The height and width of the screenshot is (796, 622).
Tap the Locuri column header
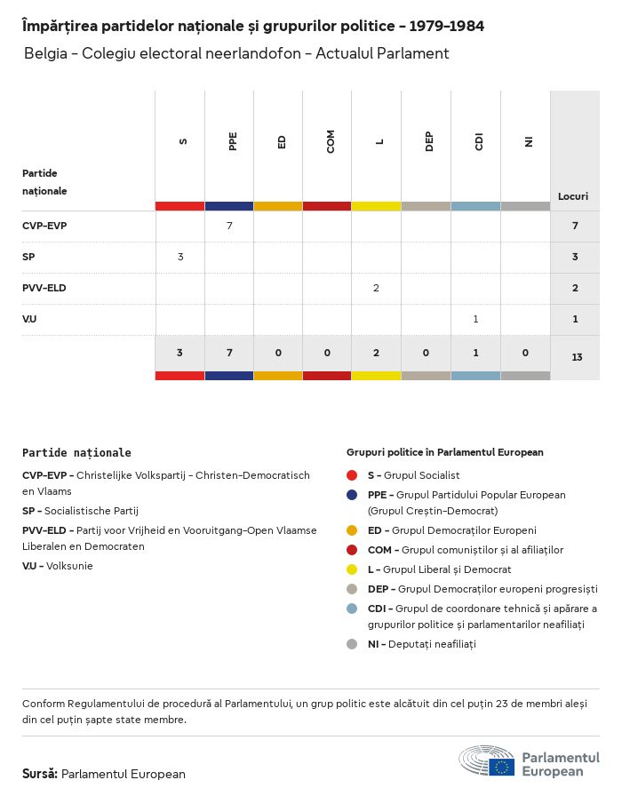pos(573,195)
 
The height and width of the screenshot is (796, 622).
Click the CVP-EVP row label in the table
pos(44,226)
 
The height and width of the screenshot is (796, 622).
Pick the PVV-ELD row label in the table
pos(44,288)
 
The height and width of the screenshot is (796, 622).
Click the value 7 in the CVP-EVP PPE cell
pos(229,226)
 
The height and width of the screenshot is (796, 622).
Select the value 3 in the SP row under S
pos(180,257)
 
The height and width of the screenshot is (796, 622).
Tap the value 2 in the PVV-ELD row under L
pos(377,288)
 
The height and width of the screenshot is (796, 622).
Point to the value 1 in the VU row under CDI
pos(475,319)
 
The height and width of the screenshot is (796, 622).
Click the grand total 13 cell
pos(577,357)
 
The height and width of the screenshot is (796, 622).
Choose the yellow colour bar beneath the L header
pos(377,206)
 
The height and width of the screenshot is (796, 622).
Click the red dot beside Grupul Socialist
pos(353,475)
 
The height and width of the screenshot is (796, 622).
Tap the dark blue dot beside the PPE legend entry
pos(353,495)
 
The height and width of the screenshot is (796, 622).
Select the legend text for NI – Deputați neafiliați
pos(421,644)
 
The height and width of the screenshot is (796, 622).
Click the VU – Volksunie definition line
pos(58,566)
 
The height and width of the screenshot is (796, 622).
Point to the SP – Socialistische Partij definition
pos(80,511)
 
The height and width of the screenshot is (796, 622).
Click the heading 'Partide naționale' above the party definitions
pos(76,453)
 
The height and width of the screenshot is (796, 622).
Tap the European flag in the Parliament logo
pos(502,766)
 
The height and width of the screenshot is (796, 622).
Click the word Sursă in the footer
pos(40,774)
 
